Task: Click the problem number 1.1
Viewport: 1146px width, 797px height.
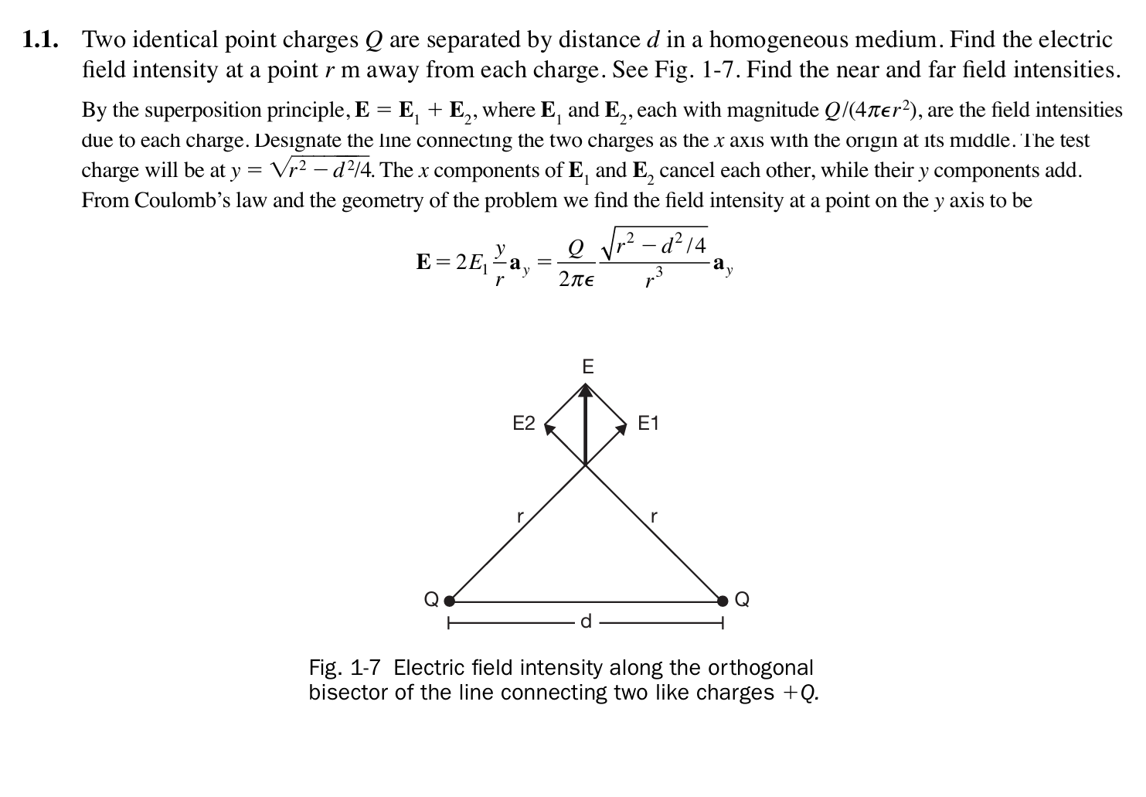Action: pyautogui.click(x=40, y=39)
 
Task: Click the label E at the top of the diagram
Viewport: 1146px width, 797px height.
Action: pyautogui.click(x=587, y=366)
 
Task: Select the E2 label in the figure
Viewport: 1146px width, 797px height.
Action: pyautogui.click(x=524, y=423)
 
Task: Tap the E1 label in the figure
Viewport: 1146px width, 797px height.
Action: pyautogui.click(x=648, y=423)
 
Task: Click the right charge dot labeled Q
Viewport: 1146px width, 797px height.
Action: pyautogui.click(x=723, y=600)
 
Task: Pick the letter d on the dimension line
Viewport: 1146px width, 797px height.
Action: pyautogui.click(x=586, y=621)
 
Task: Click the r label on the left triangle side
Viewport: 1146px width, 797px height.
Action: pyautogui.click(x=521, y=516)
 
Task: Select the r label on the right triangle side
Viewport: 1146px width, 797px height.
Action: pyautogui.click(x=654, y=516)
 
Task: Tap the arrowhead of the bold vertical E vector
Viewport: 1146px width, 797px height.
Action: pyautogui.click(x=586, y=391)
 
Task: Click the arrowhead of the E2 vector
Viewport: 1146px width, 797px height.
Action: pyautogui.click(x=549, y=427)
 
